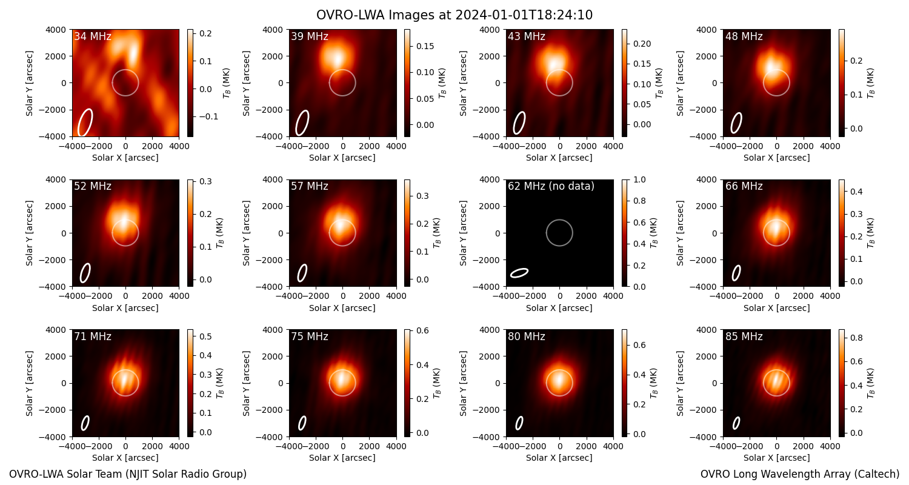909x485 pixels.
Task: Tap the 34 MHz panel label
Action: (93, 36)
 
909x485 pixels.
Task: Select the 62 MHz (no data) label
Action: (551, 186)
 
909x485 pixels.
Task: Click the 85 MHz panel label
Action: (744, 336)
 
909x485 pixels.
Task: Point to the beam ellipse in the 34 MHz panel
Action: (85, 122)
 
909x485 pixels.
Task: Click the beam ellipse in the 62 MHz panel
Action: (519, 273)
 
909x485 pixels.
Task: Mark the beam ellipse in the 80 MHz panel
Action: (519, 423)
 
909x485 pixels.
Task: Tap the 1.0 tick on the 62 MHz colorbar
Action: (639, 179)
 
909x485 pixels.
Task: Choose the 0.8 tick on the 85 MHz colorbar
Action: (857, 338)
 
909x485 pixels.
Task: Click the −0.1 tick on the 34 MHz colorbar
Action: (209, 117)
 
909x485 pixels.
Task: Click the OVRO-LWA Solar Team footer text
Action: (128, 474)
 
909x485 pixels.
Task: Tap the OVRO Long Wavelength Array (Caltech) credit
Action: (800, 474)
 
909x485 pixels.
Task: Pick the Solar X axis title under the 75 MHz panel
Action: (342, 458)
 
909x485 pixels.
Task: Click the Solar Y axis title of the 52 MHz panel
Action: (29, 233)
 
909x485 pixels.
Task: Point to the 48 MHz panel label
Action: (744, 36)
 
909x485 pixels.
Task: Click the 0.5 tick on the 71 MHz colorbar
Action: (205, 336)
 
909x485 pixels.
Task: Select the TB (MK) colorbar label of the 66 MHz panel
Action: (870, 233)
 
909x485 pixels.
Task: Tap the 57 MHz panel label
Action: (310, 186)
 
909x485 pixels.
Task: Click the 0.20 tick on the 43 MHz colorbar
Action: (642, 44)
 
